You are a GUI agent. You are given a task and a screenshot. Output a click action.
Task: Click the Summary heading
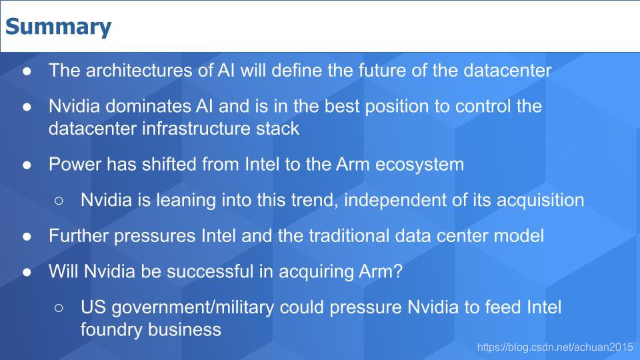point(59,27)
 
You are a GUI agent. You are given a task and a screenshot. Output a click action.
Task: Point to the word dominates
point(148,106)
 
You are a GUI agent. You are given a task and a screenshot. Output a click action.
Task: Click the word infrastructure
point(196,129)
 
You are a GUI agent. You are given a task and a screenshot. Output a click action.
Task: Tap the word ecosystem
point(419,165)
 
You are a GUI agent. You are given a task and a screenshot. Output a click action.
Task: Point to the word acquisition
point(541,201)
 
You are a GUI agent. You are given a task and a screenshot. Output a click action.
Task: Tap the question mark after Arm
point(398,271)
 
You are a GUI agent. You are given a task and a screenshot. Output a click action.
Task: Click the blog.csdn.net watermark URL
point(555,347)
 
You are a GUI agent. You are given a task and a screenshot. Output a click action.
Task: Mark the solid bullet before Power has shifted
point(27,165)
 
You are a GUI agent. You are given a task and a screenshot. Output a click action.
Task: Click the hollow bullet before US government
point(59,308)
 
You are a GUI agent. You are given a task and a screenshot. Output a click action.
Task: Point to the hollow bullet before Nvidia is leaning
point(59,201)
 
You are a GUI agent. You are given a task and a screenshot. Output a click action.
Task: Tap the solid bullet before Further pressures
point(27,236)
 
